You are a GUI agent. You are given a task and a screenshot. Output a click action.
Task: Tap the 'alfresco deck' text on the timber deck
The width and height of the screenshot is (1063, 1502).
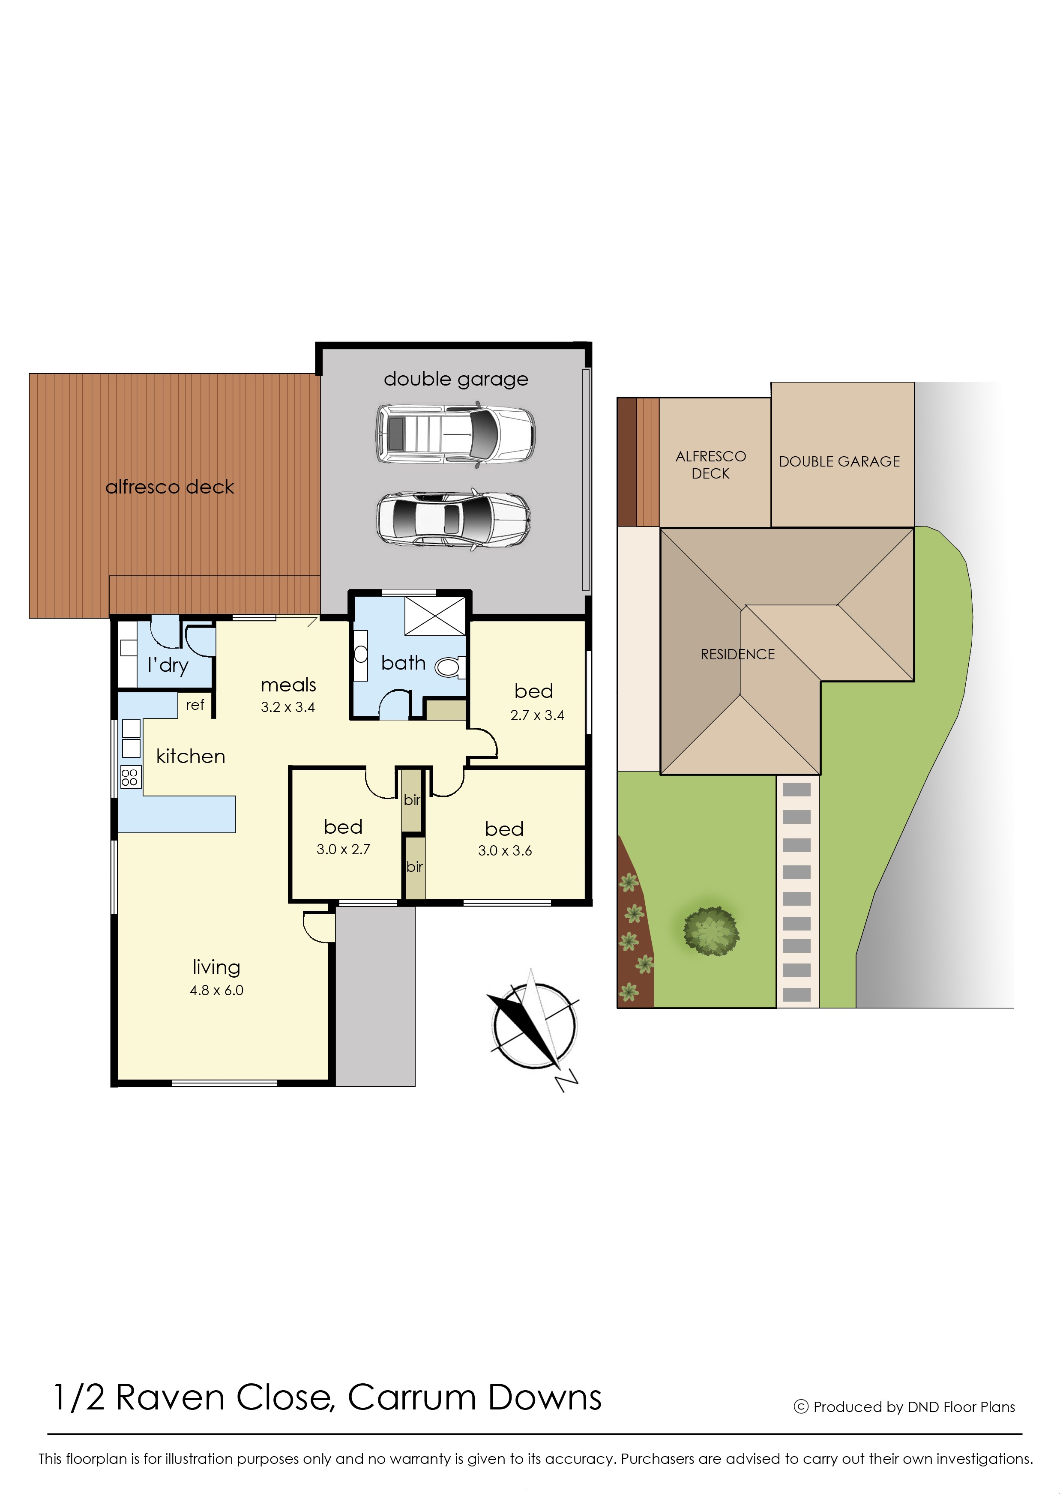(170, 487)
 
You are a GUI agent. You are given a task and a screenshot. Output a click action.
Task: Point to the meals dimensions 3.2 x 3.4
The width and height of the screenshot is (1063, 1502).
(287, 707)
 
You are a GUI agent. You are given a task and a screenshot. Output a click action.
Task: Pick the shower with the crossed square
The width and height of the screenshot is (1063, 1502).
(435, 616)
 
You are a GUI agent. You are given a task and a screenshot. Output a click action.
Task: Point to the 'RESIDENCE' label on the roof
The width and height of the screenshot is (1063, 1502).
(738, 655)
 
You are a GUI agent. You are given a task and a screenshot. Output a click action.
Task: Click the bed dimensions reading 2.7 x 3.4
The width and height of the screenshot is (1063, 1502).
(537, 715)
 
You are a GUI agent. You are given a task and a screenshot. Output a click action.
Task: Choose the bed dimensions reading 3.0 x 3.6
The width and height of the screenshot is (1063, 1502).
(505, 851)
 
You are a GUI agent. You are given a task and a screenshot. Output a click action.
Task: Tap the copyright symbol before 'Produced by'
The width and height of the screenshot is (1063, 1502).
(801, 1406)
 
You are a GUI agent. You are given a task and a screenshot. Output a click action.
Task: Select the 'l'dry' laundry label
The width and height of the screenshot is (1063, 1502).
(168, 666)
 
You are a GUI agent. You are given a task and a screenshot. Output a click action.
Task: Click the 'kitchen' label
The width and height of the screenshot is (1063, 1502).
(191, 757)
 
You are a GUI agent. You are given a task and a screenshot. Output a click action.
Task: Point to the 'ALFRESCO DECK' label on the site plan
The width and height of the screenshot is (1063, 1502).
(711, 465)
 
